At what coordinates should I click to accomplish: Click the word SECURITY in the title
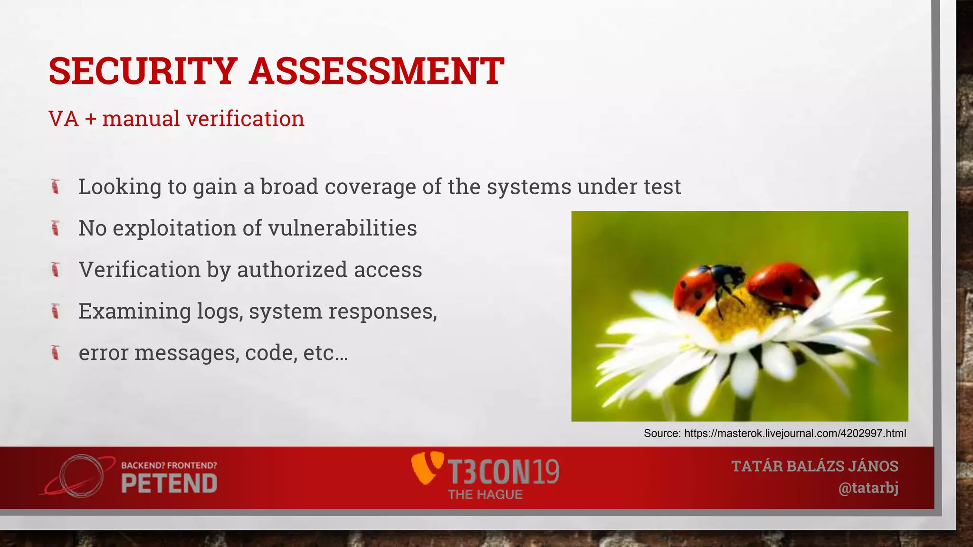point(143,71)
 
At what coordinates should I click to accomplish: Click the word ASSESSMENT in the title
point(376,71)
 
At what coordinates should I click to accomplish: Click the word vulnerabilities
point(342,228)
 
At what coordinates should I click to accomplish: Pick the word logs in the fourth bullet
point(220,311)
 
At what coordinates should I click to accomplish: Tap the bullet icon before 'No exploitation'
point(56,228)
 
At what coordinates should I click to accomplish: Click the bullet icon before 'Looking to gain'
point(56,187)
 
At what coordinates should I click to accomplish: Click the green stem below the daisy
point(744,408)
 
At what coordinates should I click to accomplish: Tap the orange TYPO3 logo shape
point(425,468)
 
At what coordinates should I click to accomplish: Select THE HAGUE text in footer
point(485,495)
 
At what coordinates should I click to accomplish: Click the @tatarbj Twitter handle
point(868,488)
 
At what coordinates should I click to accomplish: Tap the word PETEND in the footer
point(169,484)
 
